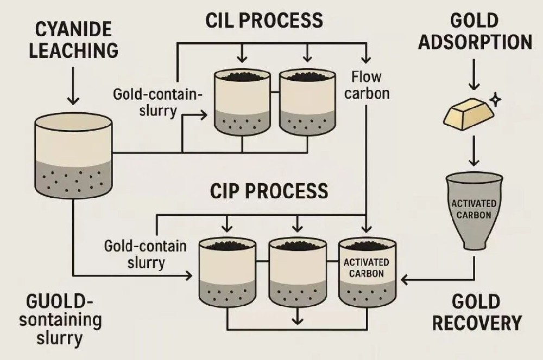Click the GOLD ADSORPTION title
[475, 31]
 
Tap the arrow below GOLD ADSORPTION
[474, 76]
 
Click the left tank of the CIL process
[241, 103]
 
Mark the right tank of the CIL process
[307, 103]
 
